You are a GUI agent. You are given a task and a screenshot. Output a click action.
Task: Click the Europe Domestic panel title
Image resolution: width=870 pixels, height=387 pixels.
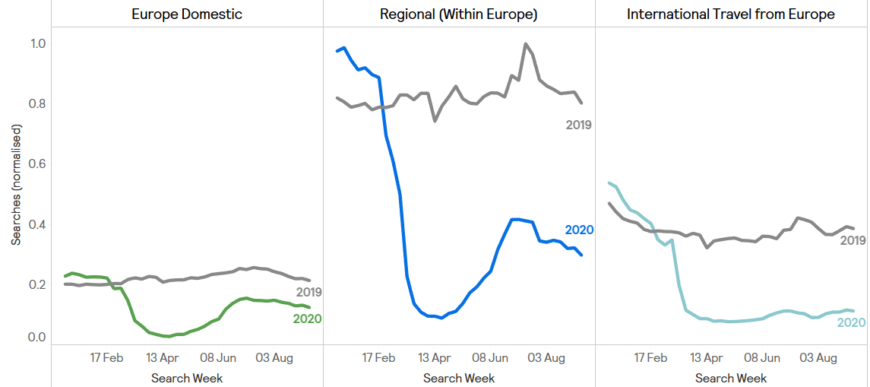pos(187,14)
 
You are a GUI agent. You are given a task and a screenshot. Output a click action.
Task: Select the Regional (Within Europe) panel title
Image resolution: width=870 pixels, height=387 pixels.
pos(459,14)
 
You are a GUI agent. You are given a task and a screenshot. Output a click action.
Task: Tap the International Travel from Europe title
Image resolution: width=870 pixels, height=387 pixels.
pos(730,14)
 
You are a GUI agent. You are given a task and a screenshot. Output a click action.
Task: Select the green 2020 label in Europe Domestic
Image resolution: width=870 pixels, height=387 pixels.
pos(307,319)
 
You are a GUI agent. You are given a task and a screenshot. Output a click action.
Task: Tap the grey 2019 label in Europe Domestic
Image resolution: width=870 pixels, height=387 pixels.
pos(308,292)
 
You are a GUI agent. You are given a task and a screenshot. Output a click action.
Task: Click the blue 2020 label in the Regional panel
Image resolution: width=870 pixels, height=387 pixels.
pos(579,230)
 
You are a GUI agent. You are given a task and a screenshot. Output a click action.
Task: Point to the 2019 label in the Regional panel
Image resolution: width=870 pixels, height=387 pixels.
pos(578,125)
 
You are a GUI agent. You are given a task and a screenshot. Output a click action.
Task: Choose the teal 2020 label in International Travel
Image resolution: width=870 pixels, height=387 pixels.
pos(851,322)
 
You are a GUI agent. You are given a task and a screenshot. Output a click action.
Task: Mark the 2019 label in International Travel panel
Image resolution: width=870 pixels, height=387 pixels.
pos(853,240)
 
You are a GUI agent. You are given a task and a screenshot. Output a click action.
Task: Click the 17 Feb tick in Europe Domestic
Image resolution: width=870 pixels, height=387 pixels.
pos(106,357)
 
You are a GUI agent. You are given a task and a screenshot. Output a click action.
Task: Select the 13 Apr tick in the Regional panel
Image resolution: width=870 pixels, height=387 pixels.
pos(435,357)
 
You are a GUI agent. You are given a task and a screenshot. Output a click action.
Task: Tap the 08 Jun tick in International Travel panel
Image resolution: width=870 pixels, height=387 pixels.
pos(762,357)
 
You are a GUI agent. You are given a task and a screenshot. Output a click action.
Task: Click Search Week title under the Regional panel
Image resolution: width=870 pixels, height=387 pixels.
pos(459,378)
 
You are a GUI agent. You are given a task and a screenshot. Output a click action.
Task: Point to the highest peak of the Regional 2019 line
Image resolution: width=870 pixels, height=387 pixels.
pos(525,44)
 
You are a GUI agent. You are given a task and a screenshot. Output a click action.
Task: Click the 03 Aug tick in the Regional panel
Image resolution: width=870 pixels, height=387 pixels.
pos(546,357)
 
